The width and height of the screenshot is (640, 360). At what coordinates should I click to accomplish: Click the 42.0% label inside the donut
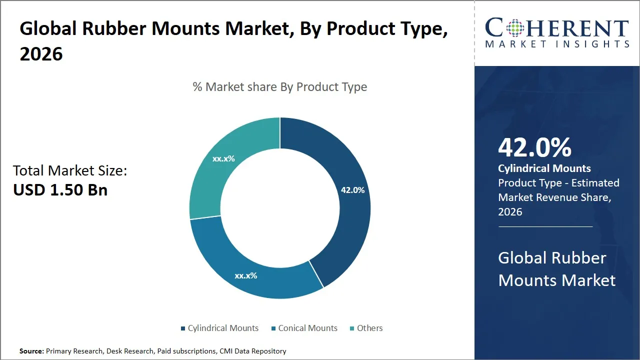coord(352,190)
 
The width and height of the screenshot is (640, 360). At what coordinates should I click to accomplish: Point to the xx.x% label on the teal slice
coord(223,158)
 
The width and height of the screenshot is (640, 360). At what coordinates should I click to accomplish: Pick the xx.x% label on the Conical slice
coord(246,275)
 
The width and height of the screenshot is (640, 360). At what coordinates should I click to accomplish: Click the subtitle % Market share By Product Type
coord(280,87)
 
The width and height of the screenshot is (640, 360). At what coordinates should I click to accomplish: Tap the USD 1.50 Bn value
coord(60,190)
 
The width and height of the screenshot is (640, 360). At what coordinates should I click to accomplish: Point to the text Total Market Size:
coord(70,171)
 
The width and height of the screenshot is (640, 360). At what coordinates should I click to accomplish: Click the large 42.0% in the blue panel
coord(534,148)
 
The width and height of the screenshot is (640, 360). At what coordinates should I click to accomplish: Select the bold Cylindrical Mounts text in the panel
coord(544,168)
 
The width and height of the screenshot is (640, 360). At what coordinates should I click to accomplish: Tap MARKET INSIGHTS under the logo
coord(557,44)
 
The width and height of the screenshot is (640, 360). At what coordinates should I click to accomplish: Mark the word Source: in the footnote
coord(31,351)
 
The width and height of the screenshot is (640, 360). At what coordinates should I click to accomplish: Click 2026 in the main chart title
coord(41,53)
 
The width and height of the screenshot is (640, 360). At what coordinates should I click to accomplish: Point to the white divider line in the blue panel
coord(545,226)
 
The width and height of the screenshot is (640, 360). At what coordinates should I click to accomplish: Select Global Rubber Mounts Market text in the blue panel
coord(556,269)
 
